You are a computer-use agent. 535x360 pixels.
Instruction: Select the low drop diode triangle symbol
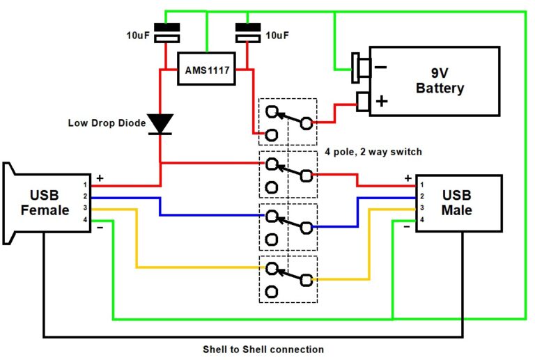click(161, 123)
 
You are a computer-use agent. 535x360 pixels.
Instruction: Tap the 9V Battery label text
click(440, 80)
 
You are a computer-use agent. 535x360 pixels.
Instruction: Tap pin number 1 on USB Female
click(84, 185)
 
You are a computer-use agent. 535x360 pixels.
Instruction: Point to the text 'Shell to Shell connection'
click(263, 349)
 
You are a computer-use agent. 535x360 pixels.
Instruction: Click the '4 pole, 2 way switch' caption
click(373, 151)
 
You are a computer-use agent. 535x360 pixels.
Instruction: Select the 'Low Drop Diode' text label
click(107, 123)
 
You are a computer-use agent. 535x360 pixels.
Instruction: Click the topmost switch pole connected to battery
click(288, 123)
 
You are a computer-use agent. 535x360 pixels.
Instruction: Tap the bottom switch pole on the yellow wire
click(288, 279)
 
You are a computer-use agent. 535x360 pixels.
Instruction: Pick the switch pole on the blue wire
click(288, 227)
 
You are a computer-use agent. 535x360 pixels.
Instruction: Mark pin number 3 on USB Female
click(84, 208)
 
